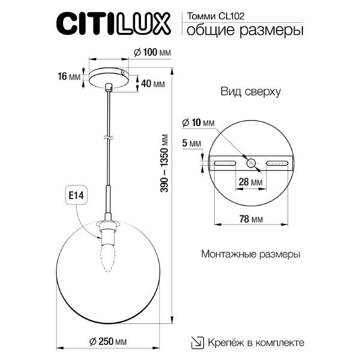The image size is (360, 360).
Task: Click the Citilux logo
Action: coord(115,25)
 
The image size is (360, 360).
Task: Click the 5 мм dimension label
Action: coord(192,143)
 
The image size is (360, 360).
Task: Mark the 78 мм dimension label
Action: coord(251,220)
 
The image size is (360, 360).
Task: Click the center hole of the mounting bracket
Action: coord(251,163)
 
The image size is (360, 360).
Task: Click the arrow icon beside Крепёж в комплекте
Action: coord(196,343)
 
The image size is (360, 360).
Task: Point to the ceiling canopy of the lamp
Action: coord(109,76)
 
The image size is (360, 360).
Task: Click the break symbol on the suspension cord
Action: coord(109,137)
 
